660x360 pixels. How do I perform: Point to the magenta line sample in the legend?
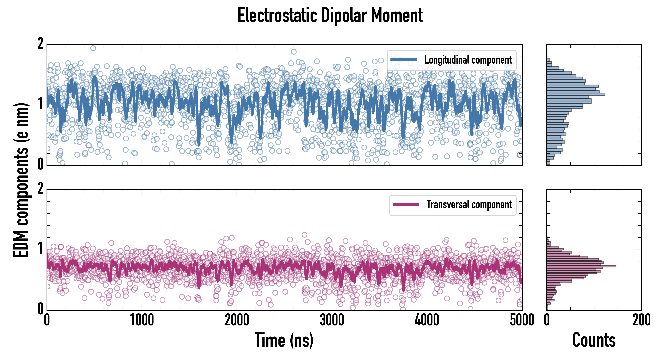coord(406,204)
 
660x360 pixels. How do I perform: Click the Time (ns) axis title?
coord(284,340)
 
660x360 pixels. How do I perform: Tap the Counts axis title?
coord(594,340)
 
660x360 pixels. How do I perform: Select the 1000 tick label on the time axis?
coord(142,320)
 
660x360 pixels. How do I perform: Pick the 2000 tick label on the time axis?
coord(237,320)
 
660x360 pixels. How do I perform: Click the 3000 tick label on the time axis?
coord(332,320)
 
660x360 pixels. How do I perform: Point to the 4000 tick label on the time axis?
coord(427,320)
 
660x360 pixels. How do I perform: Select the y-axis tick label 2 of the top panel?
coord(40,44)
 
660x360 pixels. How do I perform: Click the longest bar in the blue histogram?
coord(576,94)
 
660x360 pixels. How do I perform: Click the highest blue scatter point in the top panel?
coord(93,48)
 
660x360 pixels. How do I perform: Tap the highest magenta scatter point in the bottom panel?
coord(304,234)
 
